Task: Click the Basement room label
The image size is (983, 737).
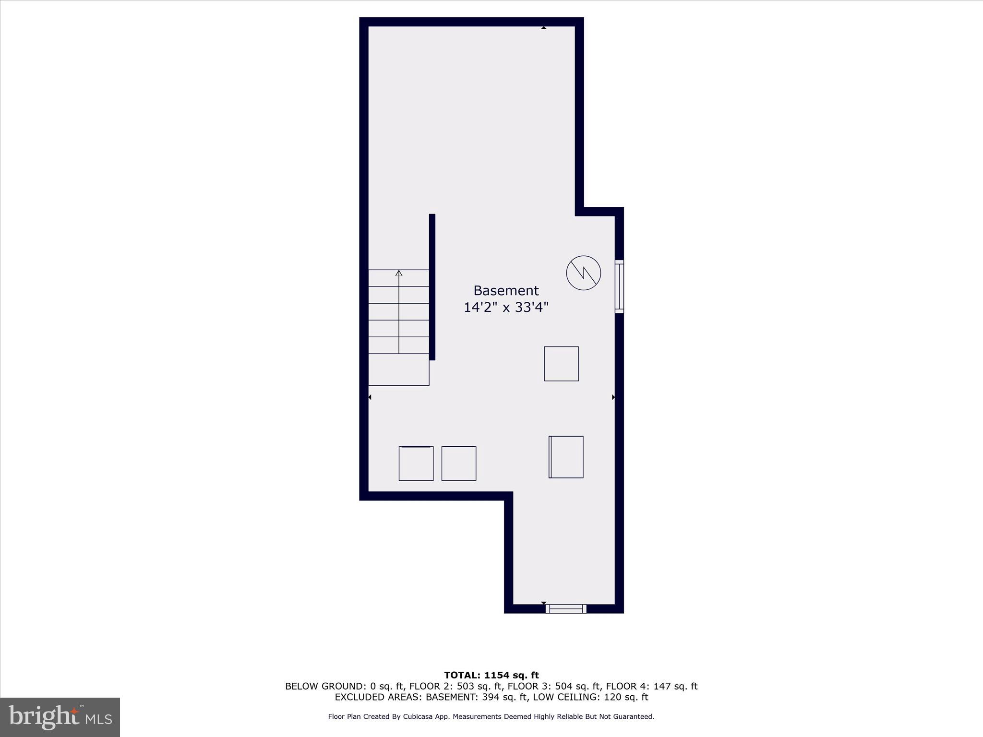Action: (x=506, y=291)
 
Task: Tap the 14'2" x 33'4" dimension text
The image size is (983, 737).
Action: (x=506, y=308)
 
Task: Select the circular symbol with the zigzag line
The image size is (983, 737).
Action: (x=583, y=273)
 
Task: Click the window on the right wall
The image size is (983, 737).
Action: (x=619, y=286)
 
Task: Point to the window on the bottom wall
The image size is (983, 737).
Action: (x=566, y=609)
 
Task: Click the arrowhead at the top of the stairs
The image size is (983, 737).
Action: (x=399, y=273)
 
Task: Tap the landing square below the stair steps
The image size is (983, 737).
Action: (x=398, y=369)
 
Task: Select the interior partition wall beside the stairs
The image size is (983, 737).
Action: (x=432, y=286)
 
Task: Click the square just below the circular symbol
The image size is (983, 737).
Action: (x=561, y=364)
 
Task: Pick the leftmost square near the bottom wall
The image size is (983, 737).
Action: (x=416, y=464)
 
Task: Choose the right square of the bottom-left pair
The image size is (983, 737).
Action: (x=459, y=464)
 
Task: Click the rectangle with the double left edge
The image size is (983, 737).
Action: (x=566, y=457)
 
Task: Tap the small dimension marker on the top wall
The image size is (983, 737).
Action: (x=543, y=28)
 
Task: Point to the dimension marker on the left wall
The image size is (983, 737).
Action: (x=370, y=397)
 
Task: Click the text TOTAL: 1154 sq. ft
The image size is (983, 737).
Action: (x=491, y=676)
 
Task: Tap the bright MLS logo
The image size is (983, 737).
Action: (x=60, y=717)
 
